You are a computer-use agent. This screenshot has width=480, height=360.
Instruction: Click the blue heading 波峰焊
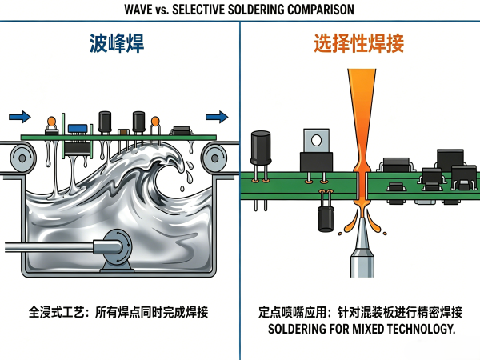(x=117, y=43)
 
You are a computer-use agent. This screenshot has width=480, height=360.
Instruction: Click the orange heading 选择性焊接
(x=358, y=43)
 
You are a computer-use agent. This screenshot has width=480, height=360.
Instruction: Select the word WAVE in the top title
(x=138, y=10)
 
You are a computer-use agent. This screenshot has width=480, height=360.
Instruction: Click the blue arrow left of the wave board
(x=20, y=117)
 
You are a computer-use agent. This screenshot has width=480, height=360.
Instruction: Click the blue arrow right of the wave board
(x=217, y=117)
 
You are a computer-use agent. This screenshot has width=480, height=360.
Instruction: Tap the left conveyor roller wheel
(x=22, y=158)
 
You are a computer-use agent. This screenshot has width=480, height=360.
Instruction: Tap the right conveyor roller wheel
(x=214, y=158)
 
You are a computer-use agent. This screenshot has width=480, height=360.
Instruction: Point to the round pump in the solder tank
(x=118, y=244)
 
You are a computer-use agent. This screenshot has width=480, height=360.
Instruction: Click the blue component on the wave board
(x=78, y=129)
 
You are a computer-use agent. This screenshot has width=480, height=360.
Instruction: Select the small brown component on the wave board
(x=124, y=132)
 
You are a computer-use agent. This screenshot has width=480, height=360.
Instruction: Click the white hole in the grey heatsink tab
(x=316, y=141)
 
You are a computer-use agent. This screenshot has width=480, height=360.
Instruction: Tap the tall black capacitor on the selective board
(x=261, y=148)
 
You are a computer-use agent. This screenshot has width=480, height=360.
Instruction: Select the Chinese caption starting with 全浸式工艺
(x=118, y=312)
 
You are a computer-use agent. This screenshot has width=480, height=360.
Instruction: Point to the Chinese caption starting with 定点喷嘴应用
(x=361, y=312)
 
